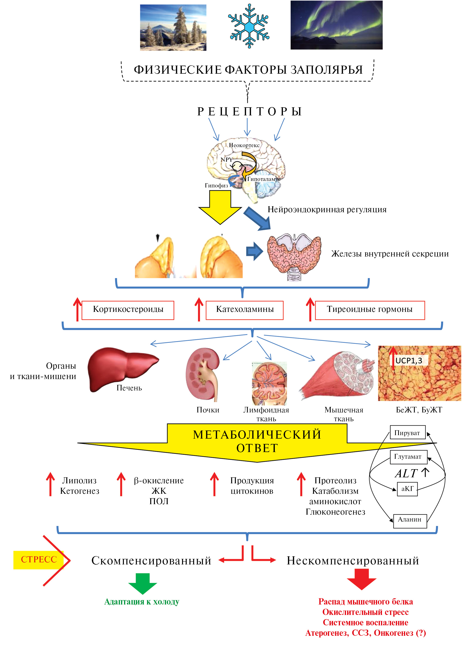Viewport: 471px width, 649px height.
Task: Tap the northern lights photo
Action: [336, 25]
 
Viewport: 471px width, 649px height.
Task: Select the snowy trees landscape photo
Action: [173, 28]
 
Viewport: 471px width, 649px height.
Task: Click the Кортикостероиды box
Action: [128, 310]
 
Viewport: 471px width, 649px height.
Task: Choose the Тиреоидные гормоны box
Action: [370, 310]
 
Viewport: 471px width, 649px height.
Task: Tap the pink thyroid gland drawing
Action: [294, 256]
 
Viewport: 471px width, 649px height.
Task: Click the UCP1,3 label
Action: [409, 361]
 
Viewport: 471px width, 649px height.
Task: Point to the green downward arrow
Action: [143, 583]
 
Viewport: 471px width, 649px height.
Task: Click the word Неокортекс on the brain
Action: [244, 145]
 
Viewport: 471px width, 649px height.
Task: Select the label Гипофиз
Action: [216, 185]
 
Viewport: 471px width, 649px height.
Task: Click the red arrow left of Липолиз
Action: [50, 484]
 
